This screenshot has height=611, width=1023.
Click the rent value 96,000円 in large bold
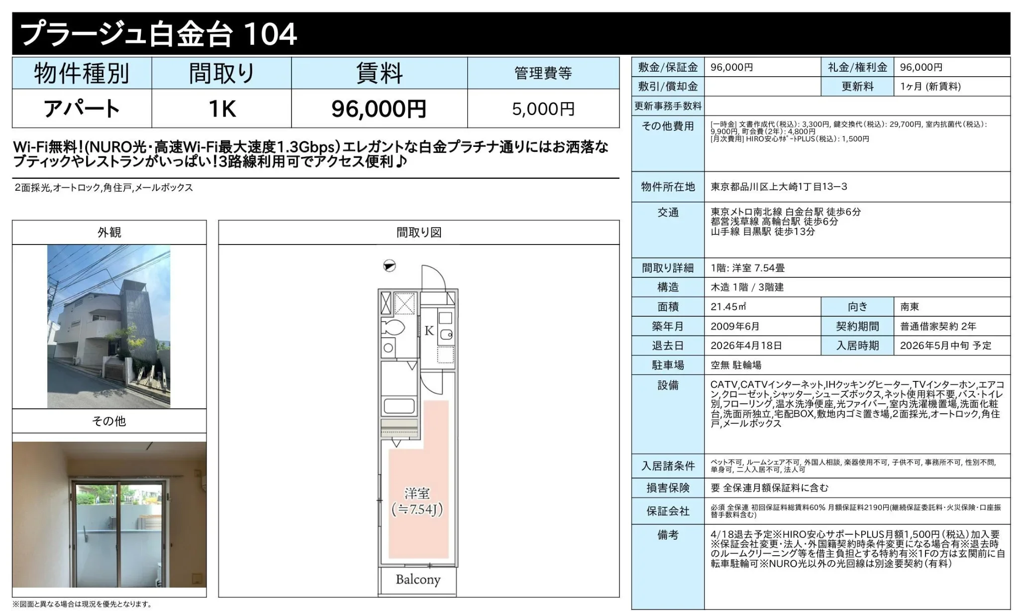point(379,109)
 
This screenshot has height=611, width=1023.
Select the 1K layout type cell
point(221,109)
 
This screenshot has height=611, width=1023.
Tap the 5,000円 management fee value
point(543,109)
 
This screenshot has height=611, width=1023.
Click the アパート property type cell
point(82,109)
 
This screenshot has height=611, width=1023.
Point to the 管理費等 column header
point(543,73)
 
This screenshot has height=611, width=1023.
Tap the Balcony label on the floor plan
point(418,580)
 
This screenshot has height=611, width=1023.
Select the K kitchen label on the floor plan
point(429,331)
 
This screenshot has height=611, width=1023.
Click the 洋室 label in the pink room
point(417,493)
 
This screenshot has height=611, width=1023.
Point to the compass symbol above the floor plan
point(389,266)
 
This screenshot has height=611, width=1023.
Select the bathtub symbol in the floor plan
point(399,406)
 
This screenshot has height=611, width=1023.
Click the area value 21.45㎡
point(728,307)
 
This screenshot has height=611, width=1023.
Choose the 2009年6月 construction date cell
point(735,326)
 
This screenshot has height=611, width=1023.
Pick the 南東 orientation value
point(910,307)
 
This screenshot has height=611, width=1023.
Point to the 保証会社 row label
point(668,511)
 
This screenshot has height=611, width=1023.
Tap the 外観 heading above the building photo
point(109,233)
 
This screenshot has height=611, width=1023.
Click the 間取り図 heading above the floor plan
point(419,233)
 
